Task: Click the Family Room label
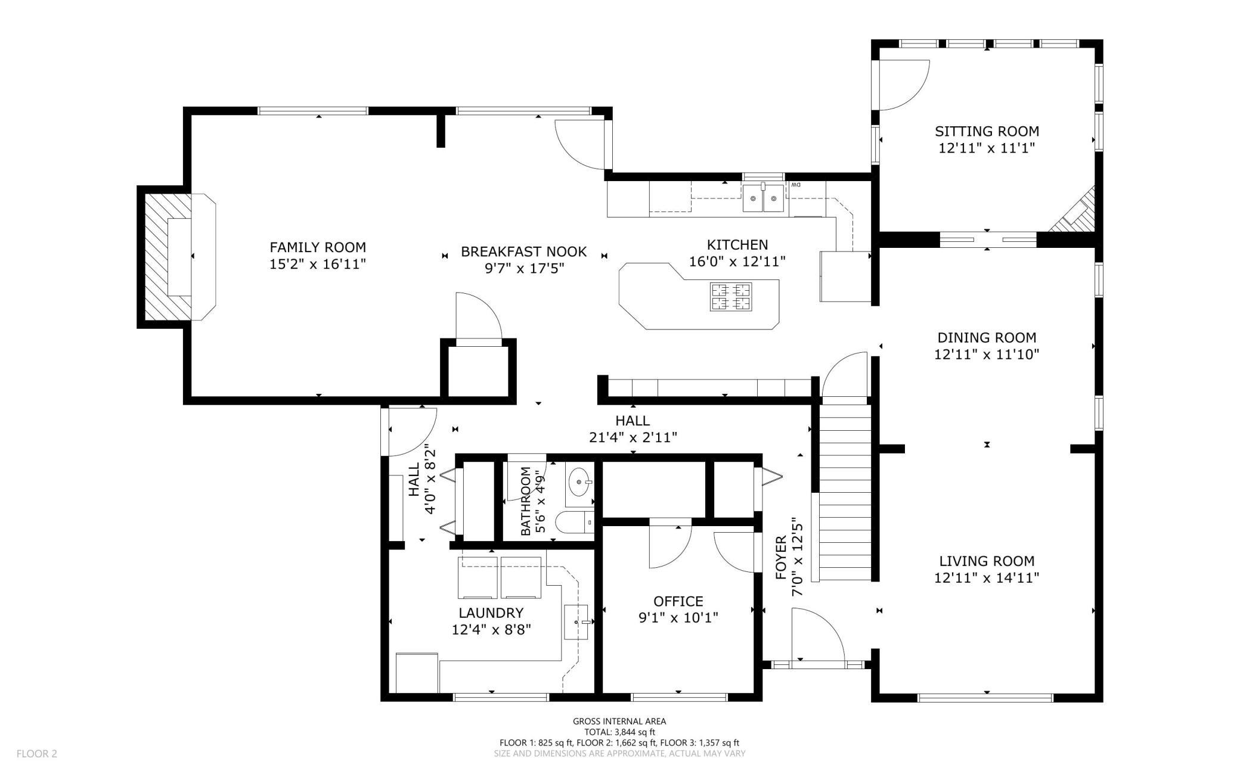318,247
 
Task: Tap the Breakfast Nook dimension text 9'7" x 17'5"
524,269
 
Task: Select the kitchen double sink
763,198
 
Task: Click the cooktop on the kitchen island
730,297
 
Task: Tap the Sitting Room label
987,131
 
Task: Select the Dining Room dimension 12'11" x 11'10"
987,355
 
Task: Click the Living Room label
987,561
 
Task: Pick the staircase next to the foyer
845,492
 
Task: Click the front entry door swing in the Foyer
819,634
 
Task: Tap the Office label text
678,601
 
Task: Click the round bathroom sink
580,481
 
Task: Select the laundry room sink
576,622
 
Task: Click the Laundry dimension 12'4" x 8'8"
491,629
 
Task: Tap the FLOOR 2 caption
37,754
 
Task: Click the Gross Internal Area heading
619,722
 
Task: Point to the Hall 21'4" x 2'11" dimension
633,438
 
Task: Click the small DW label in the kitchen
796,185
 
